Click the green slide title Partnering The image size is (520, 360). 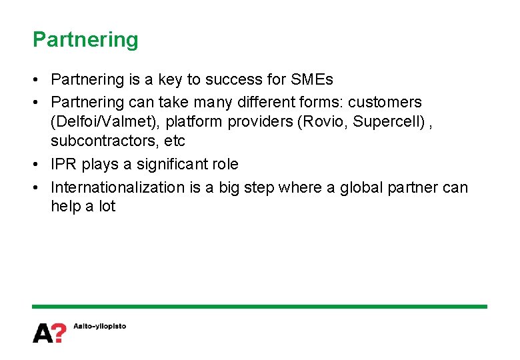pyautogui.click(x=85, y=40)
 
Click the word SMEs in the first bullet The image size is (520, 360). pyautogui.click(x=312, y=80)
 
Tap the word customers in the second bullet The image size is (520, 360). pyautogui.click(x=385, y=103)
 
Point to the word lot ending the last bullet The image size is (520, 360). pyautogui.click(x=107, y=207)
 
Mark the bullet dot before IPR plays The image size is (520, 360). pyautogui.click(x=37, y=165)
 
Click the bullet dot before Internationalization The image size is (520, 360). pyautogui.click(x=37, y=188)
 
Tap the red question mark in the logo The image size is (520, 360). pyautogui.click(x=59, y=332)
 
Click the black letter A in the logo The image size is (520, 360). pyautogui.click(x=42, y=332)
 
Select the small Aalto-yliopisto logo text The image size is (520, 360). pyautogui.click(x=99, y=327)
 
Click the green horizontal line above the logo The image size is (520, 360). pyautogui.click(x=260, y=307)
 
